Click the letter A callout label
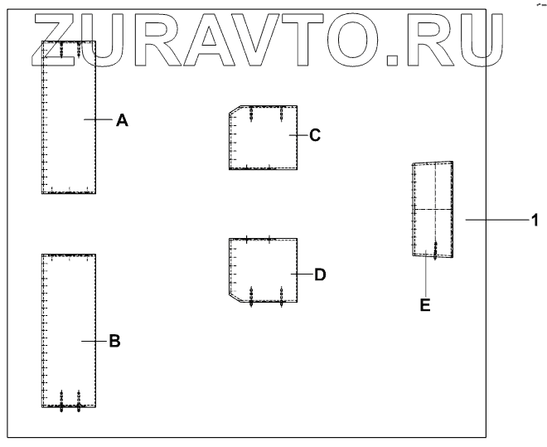pyautogui.click(x=122, y=120)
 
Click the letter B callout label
pyautogui.click(x=115, y=340)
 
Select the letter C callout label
pyautogui.click(x=315, y=134)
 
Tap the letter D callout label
pyautogui.click(x=321, y=273)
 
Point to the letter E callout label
pyautogui.click(x=425, y=305)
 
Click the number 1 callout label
pyautogui.click(x=535, y=220)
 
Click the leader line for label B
pyautogui.click(x=94, y=340)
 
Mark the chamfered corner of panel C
pyautogui.click(x=235, y=109)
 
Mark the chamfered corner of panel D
pyautogui.click(x=235, y=298)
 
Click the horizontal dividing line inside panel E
pyautogui.click(x=433, y=209)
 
